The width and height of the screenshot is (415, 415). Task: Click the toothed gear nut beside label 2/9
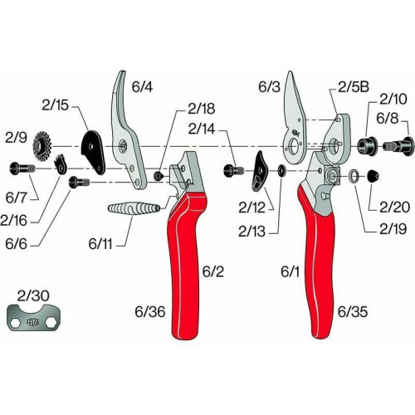click(42, 145)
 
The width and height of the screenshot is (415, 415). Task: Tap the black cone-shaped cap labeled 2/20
click(373, 176)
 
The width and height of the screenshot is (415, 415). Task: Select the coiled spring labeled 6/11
click(134, 208)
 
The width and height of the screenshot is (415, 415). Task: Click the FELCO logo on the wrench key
click(33, 322)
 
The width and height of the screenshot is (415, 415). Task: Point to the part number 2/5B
click(354, 87)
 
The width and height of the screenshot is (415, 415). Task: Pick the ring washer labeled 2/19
click(354, 175)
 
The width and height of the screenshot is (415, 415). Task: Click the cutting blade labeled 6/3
click(294, 119)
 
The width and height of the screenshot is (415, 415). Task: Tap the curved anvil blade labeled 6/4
click(128, 130)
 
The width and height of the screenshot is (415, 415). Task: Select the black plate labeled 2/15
click(93, 152)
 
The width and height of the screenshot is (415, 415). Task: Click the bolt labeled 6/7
click(22, 168)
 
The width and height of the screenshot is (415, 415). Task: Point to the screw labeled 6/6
click(80, 183)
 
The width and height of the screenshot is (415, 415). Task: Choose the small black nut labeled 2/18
click(158, 175)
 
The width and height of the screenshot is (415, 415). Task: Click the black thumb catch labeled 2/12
click(259, 171)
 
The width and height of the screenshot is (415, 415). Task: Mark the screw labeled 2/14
click(233, 170)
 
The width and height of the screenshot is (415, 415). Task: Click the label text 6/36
click(150, 312)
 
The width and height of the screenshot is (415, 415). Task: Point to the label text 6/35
click(353, 312)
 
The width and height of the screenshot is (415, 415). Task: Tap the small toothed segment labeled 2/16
click(61, 164)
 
